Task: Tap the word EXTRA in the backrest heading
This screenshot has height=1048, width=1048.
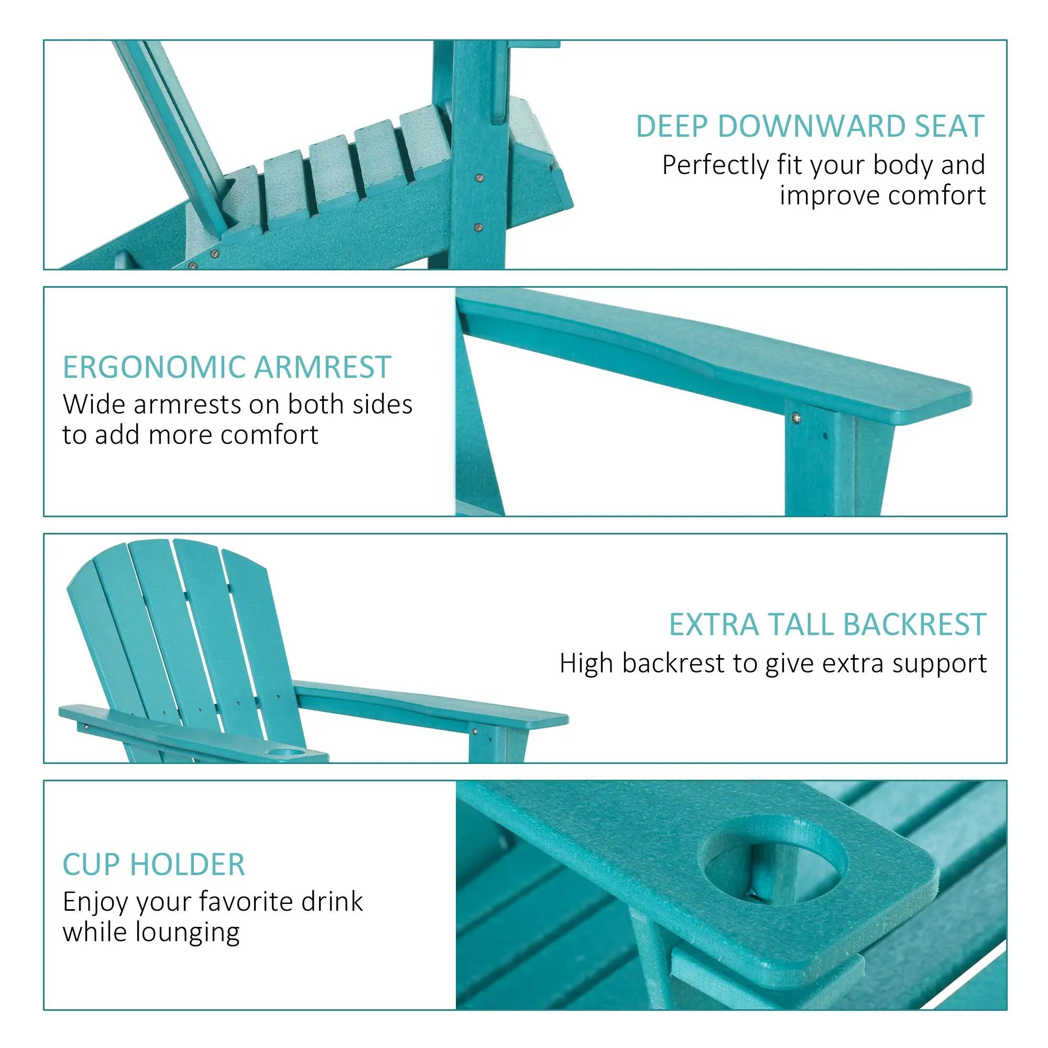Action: pyautogui.click(x=713, y=625)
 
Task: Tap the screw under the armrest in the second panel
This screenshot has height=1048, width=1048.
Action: pyautogui.click(x=796, y=417)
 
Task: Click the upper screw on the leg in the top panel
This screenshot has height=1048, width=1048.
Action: pyautogui.click(x=479, y=178)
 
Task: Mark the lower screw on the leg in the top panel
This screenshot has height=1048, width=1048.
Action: pyautogui.click(x=478, y=228)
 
